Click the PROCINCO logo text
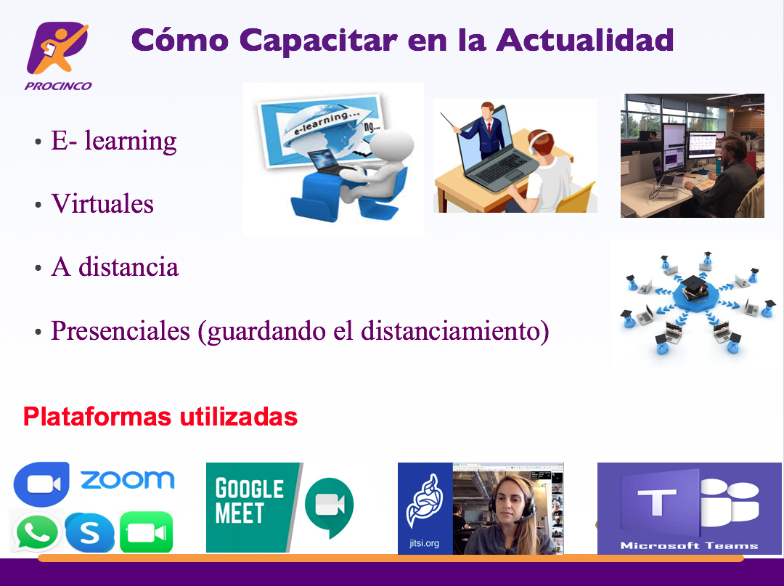tap(58, 86)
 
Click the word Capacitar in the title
tap(319, 41)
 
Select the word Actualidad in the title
tap(585, 39)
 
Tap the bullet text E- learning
tap(113, 141)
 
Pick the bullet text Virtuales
tap(102, 203)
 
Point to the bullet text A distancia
tap(115, 266)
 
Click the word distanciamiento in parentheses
tap(451, 330)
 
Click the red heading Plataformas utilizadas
tap(160, 417)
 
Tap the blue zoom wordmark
tap(128, 479)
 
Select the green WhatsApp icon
tap(36, 532)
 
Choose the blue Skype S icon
tap(89, 532)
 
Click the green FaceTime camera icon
tap(147, 532)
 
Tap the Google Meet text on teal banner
tap(249, 500)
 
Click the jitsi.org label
tap(425, 543)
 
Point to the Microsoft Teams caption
tap(689, 545)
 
